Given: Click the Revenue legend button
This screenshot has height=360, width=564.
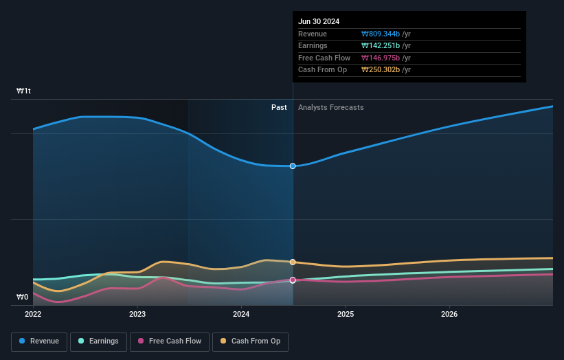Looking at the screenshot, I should [39, 341].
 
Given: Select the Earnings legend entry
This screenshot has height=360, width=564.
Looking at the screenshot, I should [98, 341].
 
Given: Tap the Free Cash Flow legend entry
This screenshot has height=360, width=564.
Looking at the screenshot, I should [169, 341].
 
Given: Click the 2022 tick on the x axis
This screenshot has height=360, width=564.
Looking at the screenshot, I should [33, 315].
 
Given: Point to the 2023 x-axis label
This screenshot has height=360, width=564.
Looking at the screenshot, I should [137, 315].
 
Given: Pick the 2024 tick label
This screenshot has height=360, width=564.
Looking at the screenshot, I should [241, 315].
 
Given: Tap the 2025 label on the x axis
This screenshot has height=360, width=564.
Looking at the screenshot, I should [346, 315].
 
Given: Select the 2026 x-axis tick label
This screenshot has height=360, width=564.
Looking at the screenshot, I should [449, 315].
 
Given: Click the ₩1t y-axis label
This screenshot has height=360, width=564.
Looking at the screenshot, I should [24, 91].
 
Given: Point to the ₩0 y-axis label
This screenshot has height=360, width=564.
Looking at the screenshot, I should [23, 297].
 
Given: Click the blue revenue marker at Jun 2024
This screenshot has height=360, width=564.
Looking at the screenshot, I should [293, 166].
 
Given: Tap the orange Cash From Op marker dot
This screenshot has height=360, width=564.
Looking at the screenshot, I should [293, 262].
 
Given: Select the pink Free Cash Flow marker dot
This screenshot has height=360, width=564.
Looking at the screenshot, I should [293, 280].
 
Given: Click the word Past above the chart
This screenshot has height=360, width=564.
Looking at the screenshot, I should [279, 107].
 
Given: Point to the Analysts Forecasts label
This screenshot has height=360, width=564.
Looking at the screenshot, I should [330, 107].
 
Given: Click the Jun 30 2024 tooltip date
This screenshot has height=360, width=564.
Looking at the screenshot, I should [319, 22].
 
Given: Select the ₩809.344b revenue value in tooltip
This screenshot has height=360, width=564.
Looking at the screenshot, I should [386, 34].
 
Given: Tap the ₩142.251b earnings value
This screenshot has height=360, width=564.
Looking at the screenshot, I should [386, 46].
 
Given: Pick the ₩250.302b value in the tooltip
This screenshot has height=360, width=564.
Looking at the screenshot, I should [386, 70].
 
